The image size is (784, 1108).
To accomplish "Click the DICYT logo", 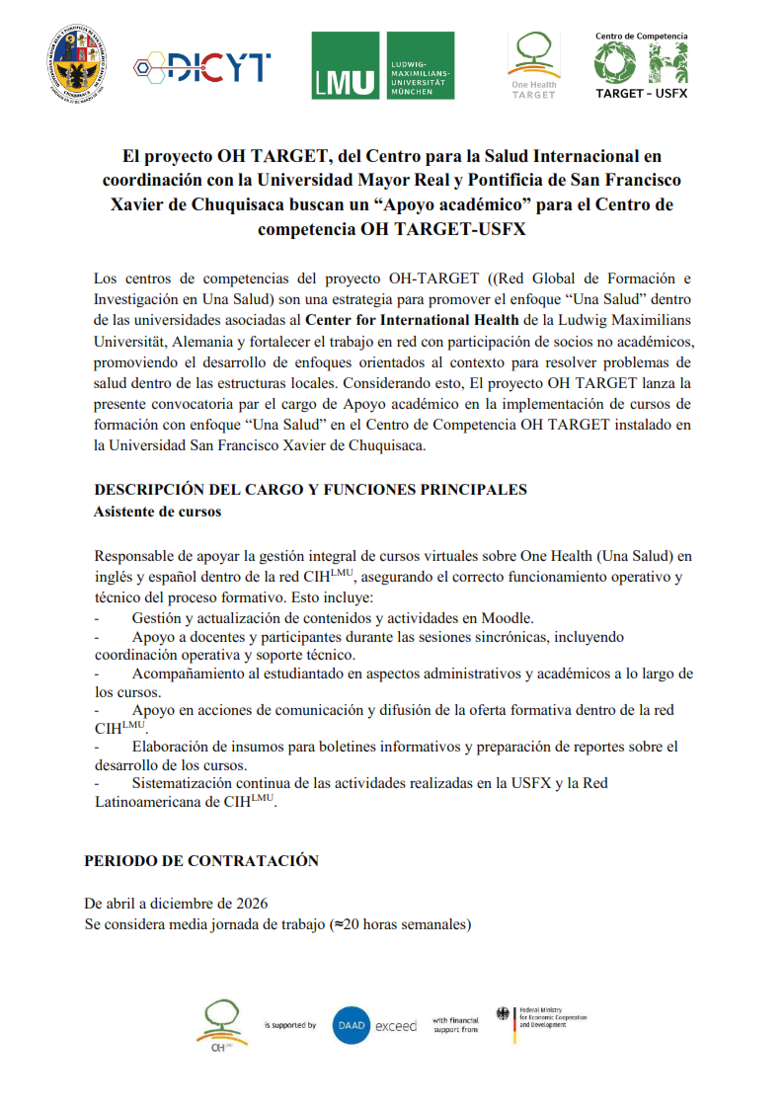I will [x=202, y=66].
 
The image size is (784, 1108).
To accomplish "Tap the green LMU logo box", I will [x=383, y=65].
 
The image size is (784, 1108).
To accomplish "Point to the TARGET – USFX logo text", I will [x=641, y=94].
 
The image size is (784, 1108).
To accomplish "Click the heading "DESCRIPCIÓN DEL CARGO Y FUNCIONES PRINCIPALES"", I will [x=310, y=490].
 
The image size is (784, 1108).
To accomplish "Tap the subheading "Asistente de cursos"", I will [x=157, y=512].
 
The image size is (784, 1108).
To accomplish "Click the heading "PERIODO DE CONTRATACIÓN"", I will [x=201, y=861].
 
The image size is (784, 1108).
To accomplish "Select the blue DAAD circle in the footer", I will [x=352, y=1025].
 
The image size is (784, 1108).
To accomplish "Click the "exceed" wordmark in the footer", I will [x=398, y=1026].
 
